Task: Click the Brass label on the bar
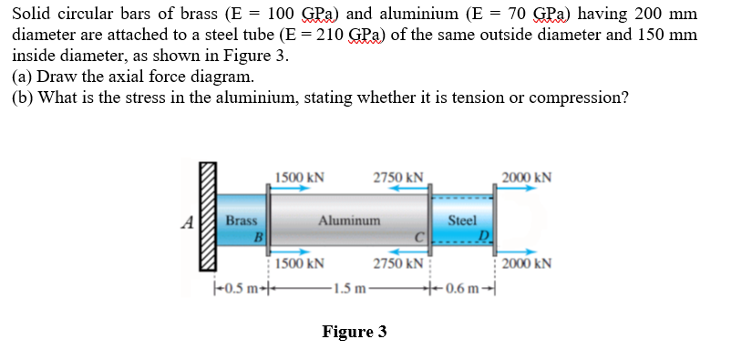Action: (242, 221)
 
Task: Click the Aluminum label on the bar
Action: (348, 221)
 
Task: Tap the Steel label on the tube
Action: (462, 221)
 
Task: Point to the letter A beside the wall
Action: (187, 221)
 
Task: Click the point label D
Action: (487, 239)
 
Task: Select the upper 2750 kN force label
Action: (397, 177)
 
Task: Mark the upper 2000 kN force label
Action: (527, 177)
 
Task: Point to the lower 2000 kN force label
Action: (527, 264)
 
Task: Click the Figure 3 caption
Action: (354, 331)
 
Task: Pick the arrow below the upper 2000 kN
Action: (517, 190)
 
